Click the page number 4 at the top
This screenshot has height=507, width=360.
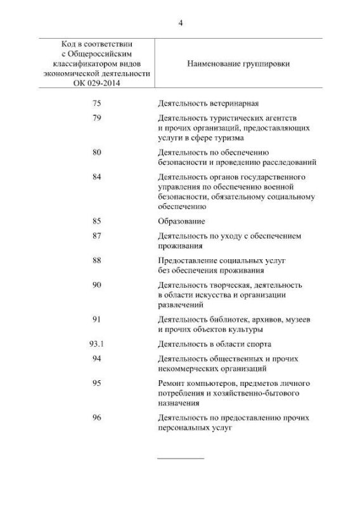coord(180,23)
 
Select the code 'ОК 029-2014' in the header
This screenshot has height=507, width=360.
coord(97,83)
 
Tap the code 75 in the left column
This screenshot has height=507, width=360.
coord(97,103)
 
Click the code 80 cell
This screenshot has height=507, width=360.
coord(97,152)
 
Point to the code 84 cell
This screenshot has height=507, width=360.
coord(97,176)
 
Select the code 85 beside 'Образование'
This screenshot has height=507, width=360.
coord(97,221)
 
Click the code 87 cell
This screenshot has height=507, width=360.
coord(97,236)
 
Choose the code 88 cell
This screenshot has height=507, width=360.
coord(97,260)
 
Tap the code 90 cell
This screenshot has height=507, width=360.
coord(97,285)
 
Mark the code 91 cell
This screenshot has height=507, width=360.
coord(97,319)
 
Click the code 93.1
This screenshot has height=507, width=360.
coord(97,344)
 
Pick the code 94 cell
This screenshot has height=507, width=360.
coord(97,358)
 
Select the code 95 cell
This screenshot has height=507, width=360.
coord(97,383)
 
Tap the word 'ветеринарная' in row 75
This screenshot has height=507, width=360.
coord(231,103)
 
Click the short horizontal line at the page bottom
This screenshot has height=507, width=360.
coord(180,457)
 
